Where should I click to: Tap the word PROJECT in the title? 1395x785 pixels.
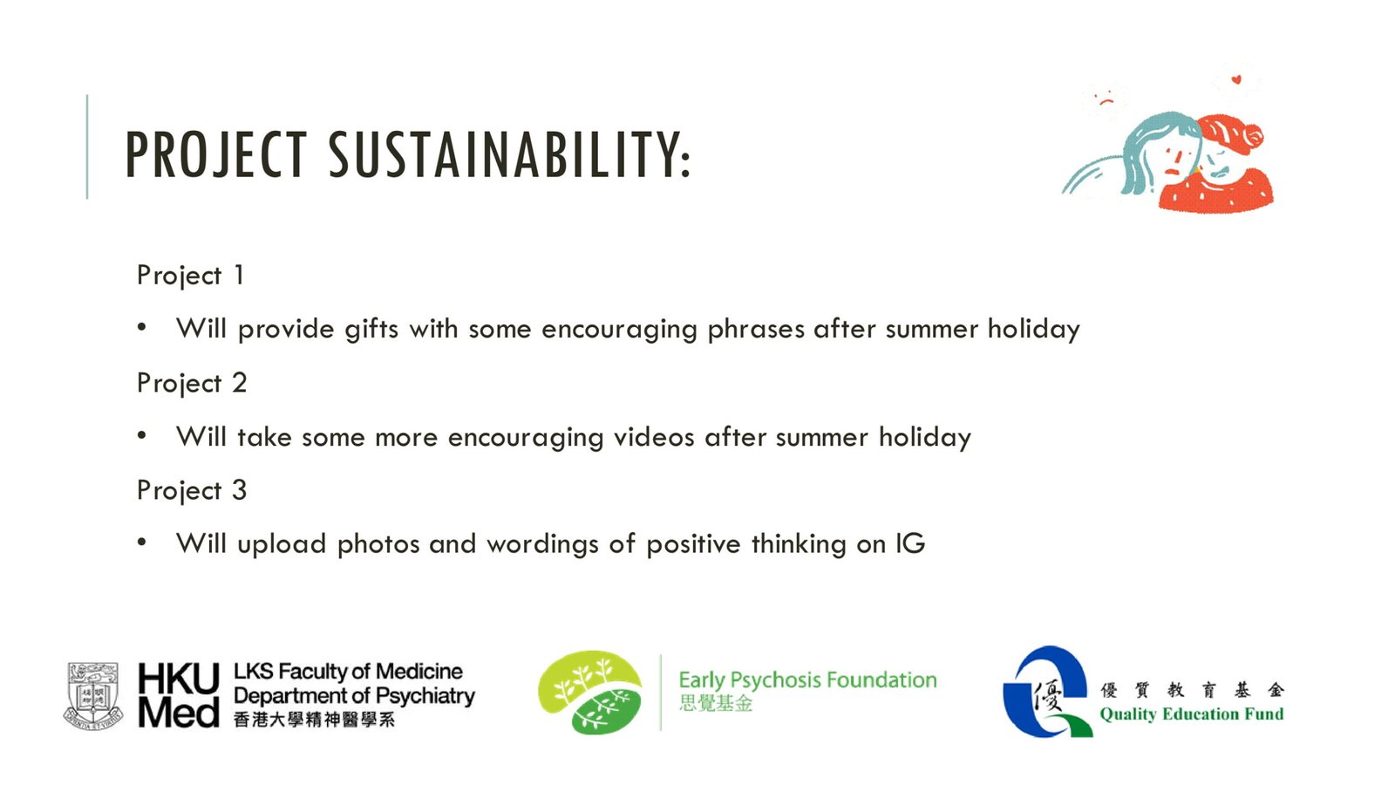(x=216, y=154)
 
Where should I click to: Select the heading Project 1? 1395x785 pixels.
(x=190, y=276)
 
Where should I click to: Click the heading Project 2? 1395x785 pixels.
(x=192, y=383)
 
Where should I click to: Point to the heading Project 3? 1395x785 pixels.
(x=192, y=490)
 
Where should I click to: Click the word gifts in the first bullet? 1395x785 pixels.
(x=371, y=329)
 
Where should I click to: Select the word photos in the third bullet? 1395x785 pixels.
(x=378, y=544)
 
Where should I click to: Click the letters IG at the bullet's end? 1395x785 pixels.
(x=910, y=543)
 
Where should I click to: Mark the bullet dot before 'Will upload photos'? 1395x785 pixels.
(x=142, y=542)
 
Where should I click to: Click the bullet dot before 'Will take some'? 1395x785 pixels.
(x=142, y=435)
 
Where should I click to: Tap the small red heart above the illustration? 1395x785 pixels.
(x=1236, y=79)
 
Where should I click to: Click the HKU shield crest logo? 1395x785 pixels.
(x=93, y=696)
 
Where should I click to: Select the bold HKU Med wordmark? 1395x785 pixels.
(x=179, y=694)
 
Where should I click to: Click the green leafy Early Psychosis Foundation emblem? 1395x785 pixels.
(x=589, y=693)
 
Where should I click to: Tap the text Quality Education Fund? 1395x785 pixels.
(x=1191, y=714)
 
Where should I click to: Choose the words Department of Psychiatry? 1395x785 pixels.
(x=354, y=696)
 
